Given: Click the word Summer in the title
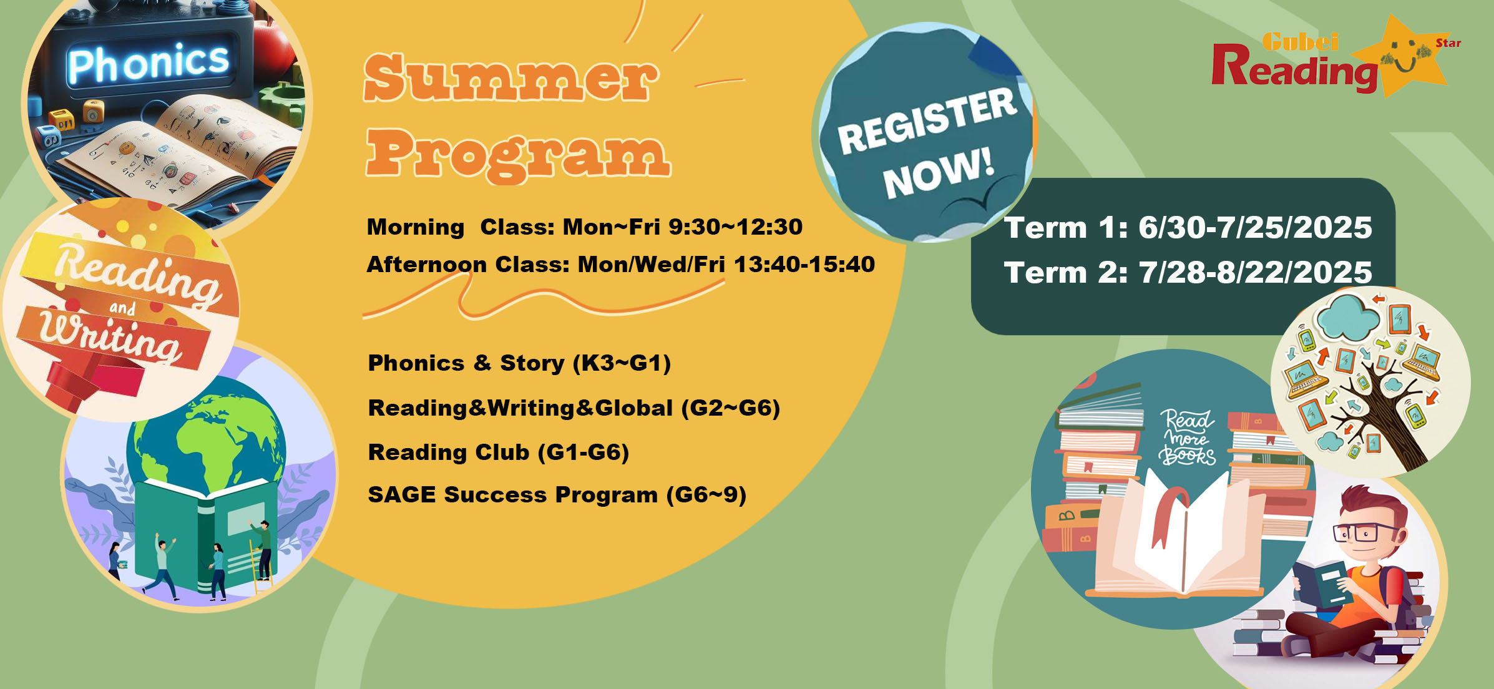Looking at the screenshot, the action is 511,77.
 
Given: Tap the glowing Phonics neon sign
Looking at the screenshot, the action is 149,62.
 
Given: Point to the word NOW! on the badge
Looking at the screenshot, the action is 937,174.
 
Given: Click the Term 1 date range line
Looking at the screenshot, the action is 1188,227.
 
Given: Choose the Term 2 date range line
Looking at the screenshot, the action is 1188,273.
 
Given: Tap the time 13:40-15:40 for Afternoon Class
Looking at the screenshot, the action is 804,264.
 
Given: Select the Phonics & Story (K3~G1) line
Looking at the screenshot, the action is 519,363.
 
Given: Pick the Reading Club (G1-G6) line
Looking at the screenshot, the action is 499,452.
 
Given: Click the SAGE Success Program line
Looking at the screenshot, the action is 557,495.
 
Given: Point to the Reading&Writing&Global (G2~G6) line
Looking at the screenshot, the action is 574,408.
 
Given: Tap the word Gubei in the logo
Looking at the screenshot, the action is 1300,42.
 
